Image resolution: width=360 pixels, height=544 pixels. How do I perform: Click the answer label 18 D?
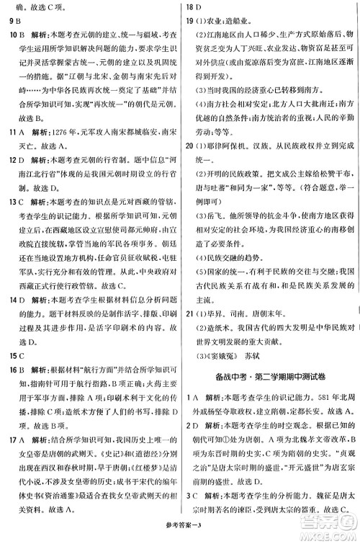click(x=191, y=7)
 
